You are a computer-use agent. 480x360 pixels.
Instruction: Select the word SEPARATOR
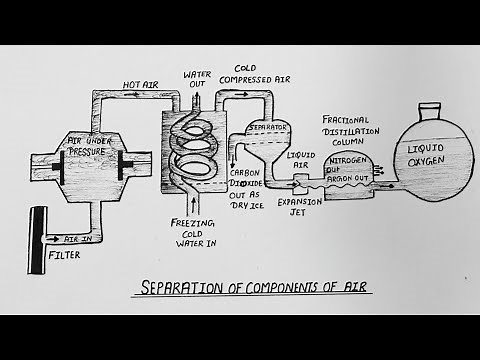click(x=268, y=129)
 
